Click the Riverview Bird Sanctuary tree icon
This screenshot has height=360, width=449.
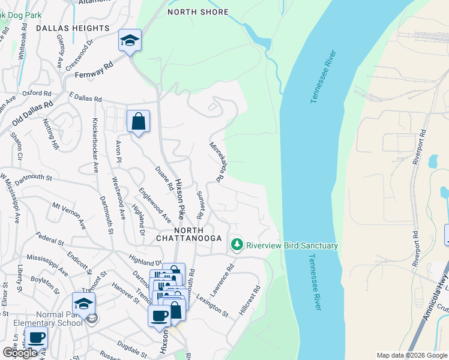pos(238,245)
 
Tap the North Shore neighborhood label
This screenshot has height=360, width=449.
pos(197,12)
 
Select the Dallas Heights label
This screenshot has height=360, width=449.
pos(73,28)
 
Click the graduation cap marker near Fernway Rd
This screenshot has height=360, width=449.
pos(130,41)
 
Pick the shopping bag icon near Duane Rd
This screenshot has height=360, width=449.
pos(138,122)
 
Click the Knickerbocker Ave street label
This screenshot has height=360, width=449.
pos(95,145)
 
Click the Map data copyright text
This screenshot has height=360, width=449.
pos(411,355)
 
